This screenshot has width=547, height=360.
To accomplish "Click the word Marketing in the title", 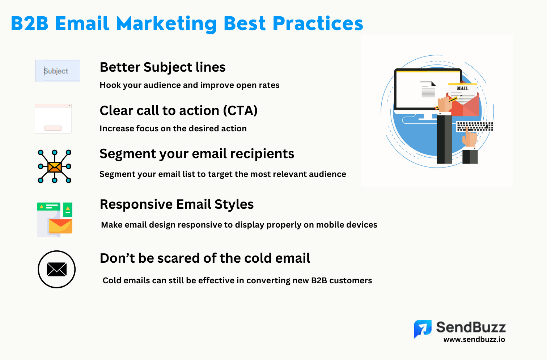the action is (166, 24).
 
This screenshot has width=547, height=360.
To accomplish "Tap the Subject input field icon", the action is (58, 71).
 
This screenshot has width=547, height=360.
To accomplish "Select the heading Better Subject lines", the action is (163, 67).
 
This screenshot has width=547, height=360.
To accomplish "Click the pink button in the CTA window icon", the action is (53, 128).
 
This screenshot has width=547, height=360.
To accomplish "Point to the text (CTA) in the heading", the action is (240, 111).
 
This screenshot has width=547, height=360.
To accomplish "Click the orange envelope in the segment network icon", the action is (55, 167).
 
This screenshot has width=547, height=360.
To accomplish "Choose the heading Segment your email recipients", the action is (197, 154).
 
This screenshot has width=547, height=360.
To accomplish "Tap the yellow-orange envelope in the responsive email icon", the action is (60, 226).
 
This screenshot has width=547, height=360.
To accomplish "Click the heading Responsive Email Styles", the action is (177, 204).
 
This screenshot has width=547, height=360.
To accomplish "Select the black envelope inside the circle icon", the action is (57, 270).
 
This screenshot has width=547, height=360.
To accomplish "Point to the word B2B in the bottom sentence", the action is (319, 281).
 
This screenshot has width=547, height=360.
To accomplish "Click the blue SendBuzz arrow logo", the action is (423, 329).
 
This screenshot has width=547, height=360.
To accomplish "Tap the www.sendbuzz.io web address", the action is (474, 339).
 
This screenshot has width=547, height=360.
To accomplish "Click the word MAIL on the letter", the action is (462, 88).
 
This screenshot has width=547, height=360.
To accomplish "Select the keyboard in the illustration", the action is (475, 127).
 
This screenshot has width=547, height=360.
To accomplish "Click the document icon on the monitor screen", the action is (428, 89).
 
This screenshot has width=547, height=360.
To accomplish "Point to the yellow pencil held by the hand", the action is (447, 103).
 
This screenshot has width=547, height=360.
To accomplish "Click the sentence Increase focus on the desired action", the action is (173, 128).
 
